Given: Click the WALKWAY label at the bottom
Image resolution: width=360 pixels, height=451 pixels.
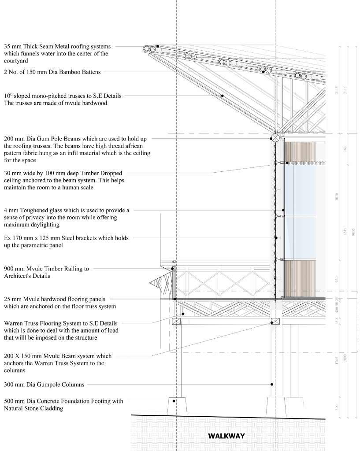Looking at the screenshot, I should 226,436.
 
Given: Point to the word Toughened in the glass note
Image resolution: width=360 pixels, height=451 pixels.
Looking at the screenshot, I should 37,211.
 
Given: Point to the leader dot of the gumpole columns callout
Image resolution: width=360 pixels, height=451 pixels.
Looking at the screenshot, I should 272,384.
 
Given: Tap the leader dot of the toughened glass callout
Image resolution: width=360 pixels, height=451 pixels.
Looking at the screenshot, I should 283,210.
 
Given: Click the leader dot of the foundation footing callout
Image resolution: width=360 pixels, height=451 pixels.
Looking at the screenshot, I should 174,401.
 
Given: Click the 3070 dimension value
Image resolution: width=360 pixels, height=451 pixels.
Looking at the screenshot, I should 337,197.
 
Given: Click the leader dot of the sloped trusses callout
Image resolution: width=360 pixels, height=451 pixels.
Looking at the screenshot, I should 223,96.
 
